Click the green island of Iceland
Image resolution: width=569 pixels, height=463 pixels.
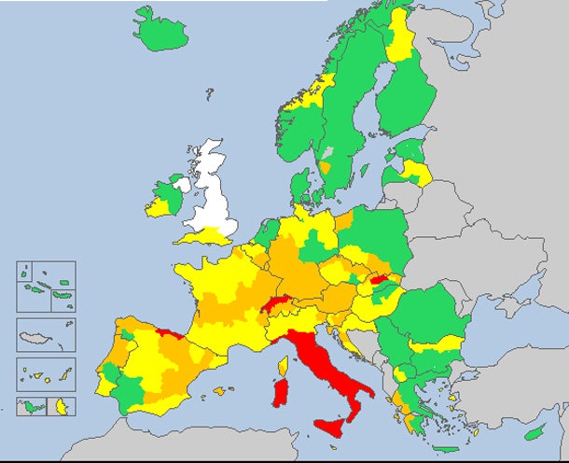pos(160,31)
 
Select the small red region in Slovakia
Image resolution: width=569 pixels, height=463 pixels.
pos(380,278)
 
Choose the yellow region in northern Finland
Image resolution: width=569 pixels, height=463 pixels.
pos(402,37)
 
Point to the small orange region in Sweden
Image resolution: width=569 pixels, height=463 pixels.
pos(326,168)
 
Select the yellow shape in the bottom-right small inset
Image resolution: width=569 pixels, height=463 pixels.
pos(62,406)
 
